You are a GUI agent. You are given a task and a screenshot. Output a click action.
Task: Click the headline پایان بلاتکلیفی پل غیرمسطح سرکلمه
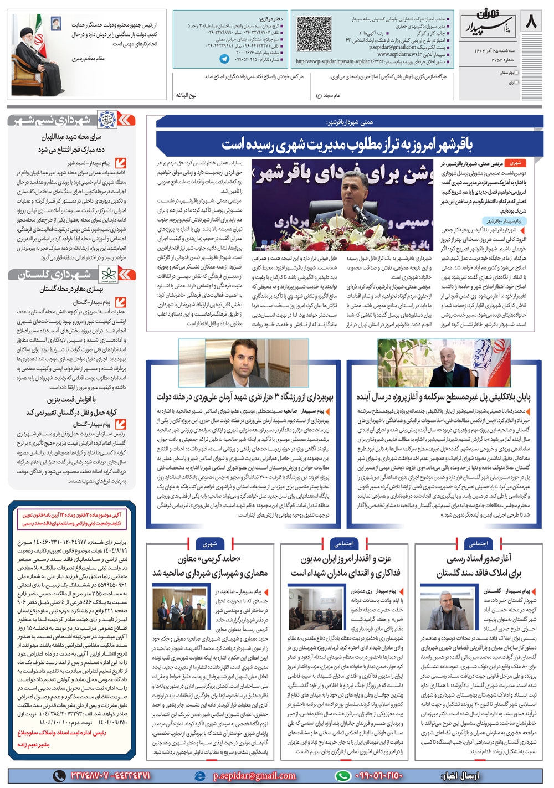point(443,397)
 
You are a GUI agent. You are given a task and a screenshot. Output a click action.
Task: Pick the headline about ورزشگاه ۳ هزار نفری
point(245,397)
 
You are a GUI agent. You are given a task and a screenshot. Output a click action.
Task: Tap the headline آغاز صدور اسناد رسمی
point(478,565)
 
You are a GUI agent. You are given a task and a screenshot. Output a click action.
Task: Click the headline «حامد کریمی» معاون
point(210,565)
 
